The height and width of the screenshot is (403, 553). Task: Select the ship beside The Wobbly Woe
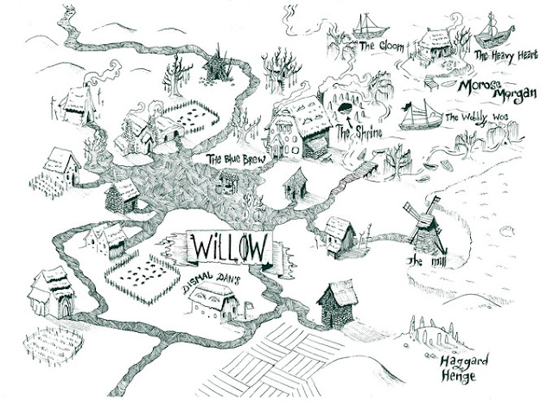pos(420,111)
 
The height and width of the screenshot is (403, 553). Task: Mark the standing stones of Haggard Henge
pos(429,334)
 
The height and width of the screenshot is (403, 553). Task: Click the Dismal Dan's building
pos(210,305)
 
